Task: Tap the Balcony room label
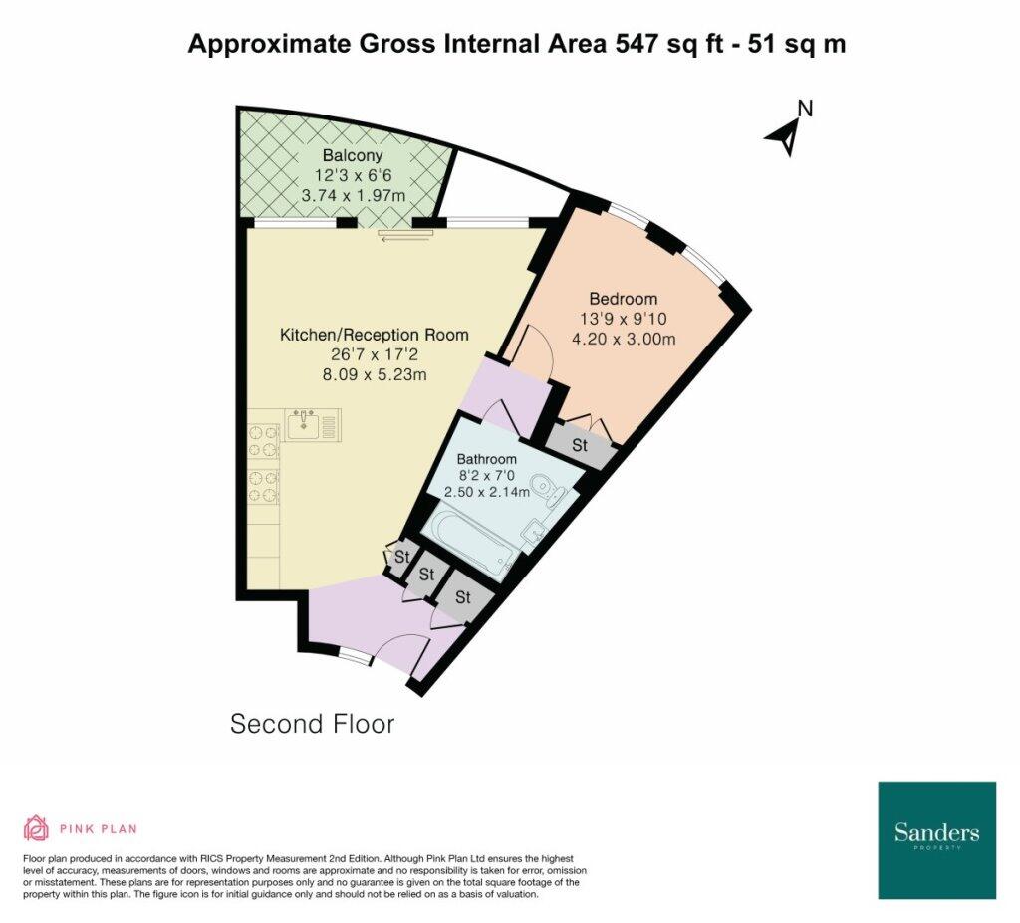pos(353,156)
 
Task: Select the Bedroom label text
pos(624,299)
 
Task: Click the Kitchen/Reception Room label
pos(375,335)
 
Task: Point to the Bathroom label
pos(486,459)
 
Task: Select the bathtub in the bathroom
pos(471,541)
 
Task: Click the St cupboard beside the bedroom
pos(580,445)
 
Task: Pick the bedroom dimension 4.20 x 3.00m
pos(624,339)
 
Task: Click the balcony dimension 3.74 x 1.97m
pos(354,195)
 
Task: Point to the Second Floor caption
pos(312,724)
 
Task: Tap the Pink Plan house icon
pos(37,828)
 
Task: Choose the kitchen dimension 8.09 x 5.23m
pos(375,375)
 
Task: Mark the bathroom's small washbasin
pos(535,530)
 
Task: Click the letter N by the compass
pos(805,108)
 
